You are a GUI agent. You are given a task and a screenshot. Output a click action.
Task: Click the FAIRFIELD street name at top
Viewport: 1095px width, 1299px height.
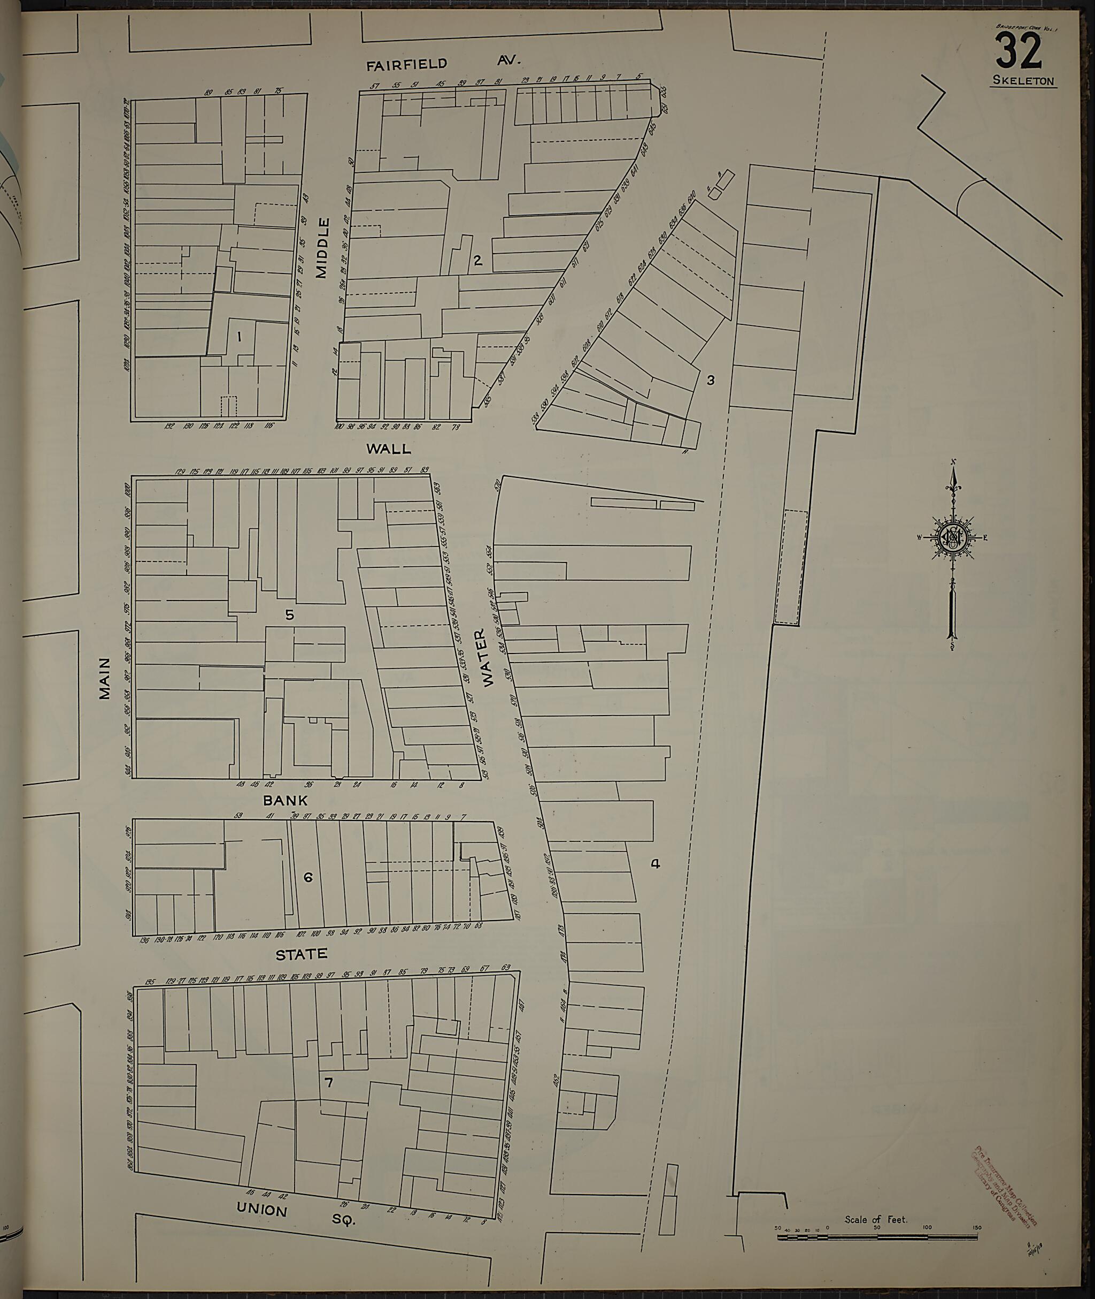click(406, 64)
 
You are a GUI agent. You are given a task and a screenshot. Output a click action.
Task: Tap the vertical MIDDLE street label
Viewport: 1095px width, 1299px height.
click(322, 248)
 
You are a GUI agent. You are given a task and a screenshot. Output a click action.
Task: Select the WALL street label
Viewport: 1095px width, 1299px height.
click(389, 448)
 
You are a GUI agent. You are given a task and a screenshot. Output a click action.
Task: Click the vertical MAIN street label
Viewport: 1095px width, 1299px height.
click(105, 679)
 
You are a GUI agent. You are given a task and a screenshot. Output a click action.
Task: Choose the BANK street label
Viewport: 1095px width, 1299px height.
click(286, 800)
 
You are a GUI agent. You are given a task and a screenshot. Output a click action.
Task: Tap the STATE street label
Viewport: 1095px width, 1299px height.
click(302, 954)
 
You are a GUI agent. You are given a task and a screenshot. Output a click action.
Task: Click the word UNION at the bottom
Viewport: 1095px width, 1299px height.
click(261, 1210)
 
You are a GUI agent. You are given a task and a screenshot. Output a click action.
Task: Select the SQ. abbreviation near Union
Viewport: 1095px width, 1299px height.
click(343, 1219)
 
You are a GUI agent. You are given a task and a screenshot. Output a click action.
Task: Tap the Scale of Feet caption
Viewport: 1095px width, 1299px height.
click(876, 1219)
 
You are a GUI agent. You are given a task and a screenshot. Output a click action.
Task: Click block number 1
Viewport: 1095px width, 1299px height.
click(239, 337)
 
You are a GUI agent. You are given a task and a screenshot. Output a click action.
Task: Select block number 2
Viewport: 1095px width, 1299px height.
click(477, 260)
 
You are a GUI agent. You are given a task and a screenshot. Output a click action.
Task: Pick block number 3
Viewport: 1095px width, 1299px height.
click(711, 379)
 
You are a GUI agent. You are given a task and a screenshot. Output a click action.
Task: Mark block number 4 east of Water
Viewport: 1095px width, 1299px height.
click(656, 863)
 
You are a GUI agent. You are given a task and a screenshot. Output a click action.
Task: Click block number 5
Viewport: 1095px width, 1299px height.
click(289, 614)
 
